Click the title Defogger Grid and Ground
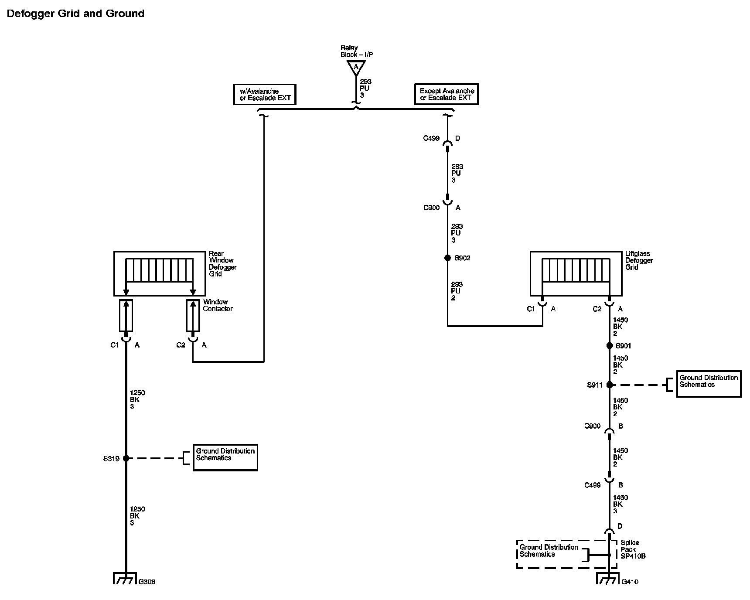[75, 14]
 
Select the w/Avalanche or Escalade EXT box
[265, 95]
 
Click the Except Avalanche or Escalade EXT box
[446, 95]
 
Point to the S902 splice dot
[447, 258]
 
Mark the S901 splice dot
[610, 346]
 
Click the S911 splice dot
[610, 385]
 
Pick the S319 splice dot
[126, 458]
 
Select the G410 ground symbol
[608, 579]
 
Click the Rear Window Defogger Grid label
[222, 263]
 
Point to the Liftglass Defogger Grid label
[639, 260]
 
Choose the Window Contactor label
[218, 305]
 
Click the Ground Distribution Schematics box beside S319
[225, 457]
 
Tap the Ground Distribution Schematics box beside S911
[709, 384]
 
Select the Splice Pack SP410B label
[633, 549]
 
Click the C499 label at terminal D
[431, 138]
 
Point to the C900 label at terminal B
[592, 426]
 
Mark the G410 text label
[630, 582]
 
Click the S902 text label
[462, 258]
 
